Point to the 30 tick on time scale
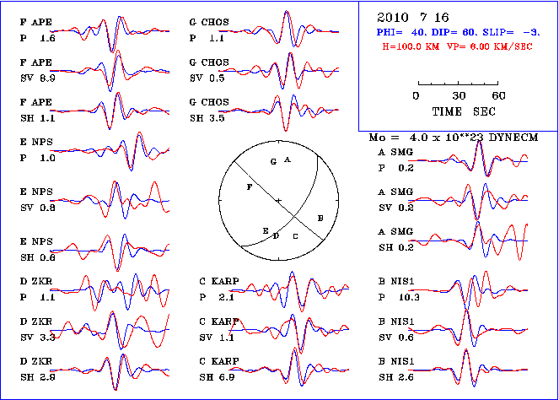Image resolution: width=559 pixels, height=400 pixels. (x=459, y=95)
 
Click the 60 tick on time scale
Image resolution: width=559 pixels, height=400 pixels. (x=498, y=95)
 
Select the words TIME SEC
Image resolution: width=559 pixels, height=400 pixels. (x=458, y=111)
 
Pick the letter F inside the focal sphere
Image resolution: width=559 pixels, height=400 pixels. (x=248, y=187)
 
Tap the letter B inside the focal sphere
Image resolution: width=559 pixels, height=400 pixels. (x=320, y=218)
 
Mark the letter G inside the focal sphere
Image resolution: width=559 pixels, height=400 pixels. (x=273, y=160)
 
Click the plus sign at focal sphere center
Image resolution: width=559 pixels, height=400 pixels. (x=278, y=199)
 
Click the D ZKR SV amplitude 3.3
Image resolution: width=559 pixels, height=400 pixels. (x=47, y=337)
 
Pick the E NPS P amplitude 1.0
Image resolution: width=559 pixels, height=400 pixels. (x=47, y=158)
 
